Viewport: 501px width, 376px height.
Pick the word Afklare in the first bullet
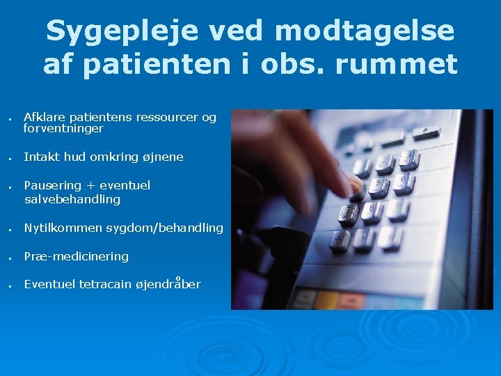(43, 117)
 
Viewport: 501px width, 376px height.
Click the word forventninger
(63, 129)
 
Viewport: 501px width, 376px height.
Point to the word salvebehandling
(72, 200)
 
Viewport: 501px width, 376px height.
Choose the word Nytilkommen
(63, 228)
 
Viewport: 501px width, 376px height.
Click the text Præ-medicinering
(76, 256)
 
